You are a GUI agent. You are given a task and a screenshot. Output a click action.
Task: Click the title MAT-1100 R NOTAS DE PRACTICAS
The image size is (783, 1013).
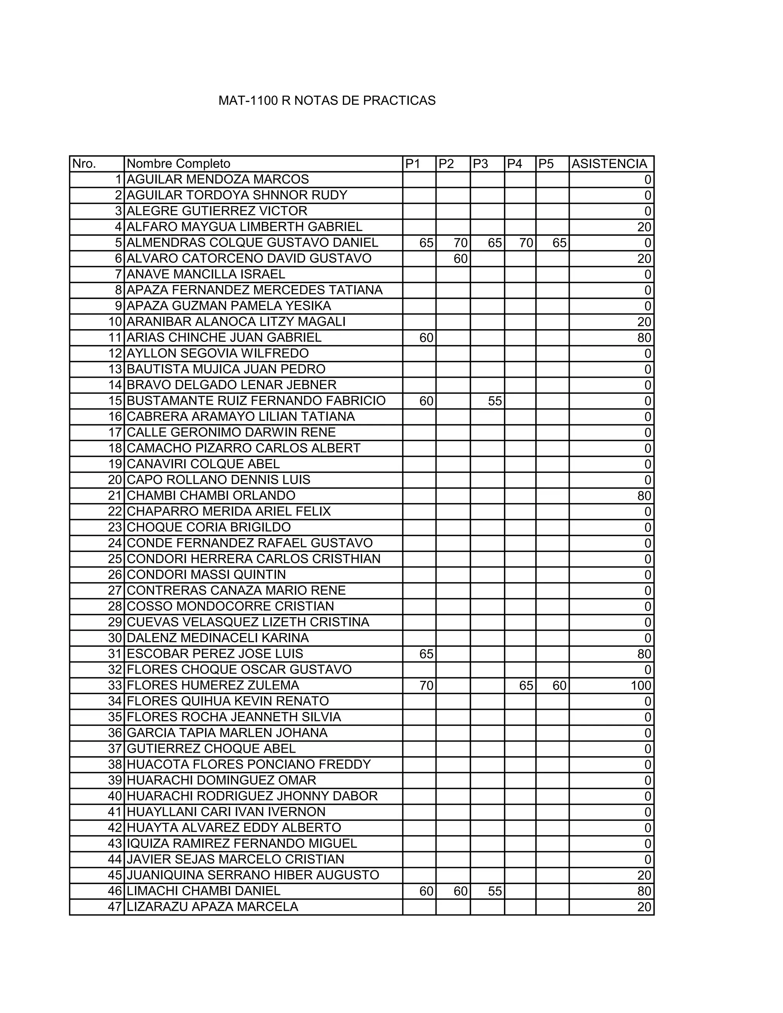click(327, 101)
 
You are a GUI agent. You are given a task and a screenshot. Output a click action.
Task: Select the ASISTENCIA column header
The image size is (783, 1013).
click(609, 164)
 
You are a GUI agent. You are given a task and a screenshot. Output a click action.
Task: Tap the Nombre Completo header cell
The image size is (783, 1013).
click(179, 164)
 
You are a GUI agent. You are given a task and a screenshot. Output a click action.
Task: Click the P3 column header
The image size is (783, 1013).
click(481, 164)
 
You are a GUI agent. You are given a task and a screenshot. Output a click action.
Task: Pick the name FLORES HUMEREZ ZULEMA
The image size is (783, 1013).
click(213, 685)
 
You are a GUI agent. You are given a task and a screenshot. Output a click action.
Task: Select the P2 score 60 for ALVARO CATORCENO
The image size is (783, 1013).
click(460, 259)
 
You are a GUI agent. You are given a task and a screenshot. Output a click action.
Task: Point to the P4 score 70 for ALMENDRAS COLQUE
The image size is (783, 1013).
click(526, 243)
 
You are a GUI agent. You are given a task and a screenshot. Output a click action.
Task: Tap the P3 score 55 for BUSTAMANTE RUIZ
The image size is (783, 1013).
click(495, 401)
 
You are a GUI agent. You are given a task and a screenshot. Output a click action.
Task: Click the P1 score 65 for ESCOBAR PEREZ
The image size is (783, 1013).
click(426, 654)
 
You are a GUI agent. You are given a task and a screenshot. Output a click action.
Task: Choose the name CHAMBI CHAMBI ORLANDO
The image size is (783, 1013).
click(211, 495)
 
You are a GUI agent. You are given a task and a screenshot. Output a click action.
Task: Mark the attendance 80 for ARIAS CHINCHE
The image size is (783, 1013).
click(644, 338)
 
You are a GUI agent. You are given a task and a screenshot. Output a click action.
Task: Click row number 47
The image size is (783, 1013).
click(115, 906)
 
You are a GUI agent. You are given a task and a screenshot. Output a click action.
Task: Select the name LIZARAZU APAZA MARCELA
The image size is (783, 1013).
click(213, 906)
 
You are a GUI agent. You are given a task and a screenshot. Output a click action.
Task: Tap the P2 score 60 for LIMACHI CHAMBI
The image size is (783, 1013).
click(460, 891)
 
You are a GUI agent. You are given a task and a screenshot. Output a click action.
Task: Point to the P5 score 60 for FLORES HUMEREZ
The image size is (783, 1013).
click(559, 685)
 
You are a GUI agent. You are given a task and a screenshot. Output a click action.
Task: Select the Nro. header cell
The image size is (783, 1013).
click(84, 164)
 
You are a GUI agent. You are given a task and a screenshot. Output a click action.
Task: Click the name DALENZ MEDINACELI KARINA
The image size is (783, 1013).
click(218, 638)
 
